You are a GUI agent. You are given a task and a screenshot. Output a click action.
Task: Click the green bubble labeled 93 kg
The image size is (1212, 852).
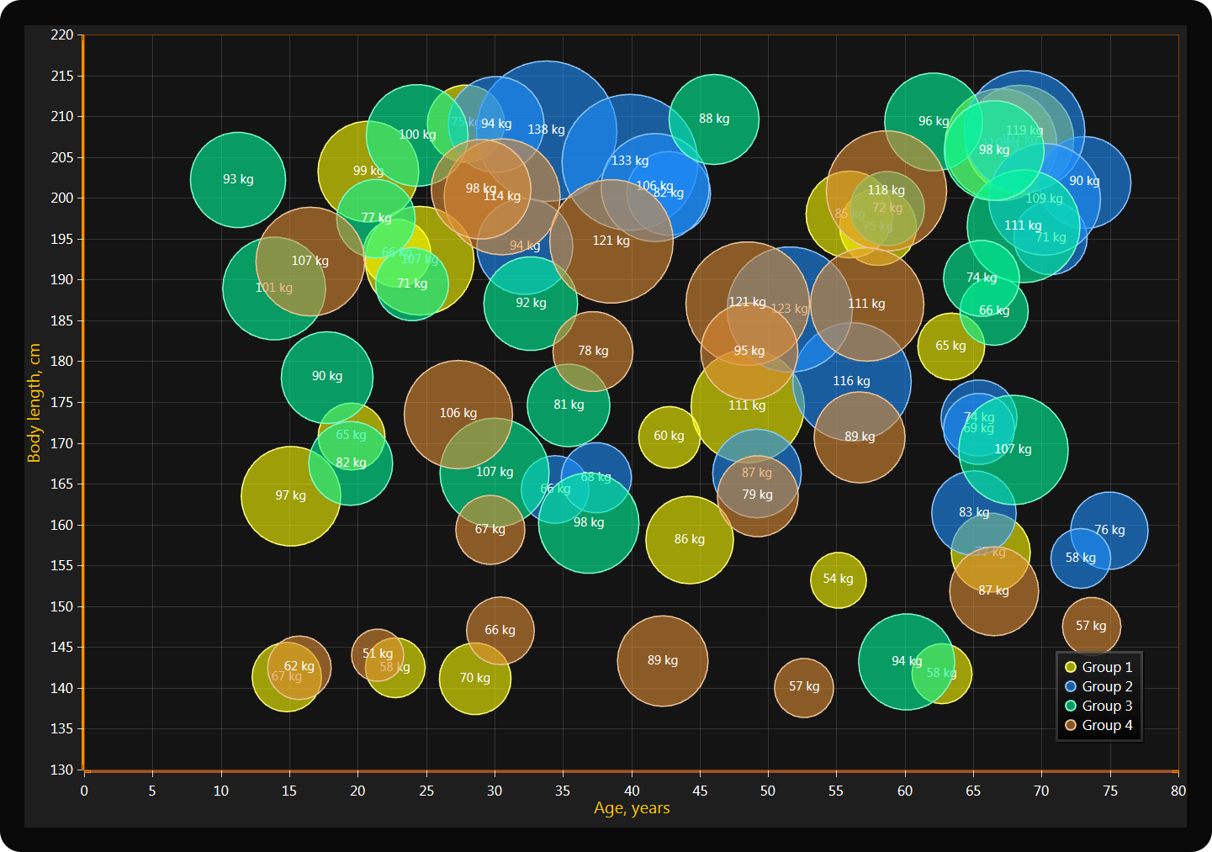238,179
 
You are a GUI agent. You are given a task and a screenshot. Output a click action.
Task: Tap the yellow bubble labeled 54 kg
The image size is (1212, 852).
838,579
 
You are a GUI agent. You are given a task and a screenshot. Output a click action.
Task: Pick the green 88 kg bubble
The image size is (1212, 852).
714,119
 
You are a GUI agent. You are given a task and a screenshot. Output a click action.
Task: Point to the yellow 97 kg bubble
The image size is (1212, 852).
291,495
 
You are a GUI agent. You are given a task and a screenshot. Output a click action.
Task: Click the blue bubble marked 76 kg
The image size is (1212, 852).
1109,530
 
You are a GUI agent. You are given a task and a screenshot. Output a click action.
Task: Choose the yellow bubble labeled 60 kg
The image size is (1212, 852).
669,437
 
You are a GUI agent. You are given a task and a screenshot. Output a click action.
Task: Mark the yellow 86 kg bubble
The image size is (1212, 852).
690,539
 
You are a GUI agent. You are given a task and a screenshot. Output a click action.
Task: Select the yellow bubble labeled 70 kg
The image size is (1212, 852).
475,678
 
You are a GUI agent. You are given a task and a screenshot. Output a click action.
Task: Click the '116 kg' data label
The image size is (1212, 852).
851,381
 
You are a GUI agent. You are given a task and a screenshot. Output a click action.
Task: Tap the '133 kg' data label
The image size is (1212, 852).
630,161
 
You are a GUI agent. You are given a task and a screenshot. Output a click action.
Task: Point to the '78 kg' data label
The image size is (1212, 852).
593,351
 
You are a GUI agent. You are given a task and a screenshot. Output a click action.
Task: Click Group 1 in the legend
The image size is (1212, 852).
1098,667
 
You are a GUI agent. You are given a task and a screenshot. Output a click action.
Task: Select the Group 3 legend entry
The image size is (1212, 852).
1098,706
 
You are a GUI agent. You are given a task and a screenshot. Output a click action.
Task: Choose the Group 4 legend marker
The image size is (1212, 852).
1071,725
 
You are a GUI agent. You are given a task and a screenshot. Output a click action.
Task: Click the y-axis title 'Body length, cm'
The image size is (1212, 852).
34,402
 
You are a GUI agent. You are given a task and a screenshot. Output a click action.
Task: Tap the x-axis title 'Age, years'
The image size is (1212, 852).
632,808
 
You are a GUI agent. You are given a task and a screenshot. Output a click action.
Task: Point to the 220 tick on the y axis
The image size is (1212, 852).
62,34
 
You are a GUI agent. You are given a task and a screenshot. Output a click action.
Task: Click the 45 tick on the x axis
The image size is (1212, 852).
699,791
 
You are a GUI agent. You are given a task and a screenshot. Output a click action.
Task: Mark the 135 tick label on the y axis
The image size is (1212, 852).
62,728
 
